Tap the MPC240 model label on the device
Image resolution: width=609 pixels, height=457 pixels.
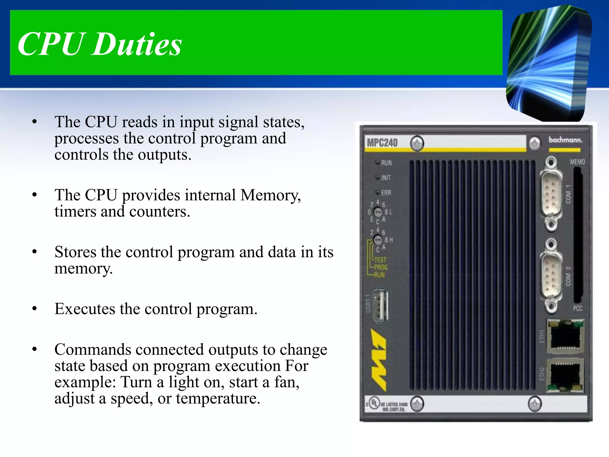coord(382,143)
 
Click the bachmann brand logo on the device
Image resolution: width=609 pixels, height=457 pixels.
coord(565,140)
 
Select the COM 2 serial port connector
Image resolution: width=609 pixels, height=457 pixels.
coord(552,275)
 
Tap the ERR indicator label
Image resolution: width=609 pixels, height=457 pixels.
coord(386,193)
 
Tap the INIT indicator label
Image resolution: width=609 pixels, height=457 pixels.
coord(386,178)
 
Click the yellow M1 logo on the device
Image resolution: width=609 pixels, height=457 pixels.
coord(378,360)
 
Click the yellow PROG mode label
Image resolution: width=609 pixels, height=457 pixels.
coord(381,267)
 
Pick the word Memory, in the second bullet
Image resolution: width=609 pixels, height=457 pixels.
coord(270,195)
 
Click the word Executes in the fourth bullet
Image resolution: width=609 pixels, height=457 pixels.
coord(85,309)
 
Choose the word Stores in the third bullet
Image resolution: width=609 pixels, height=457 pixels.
coord(75,252)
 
